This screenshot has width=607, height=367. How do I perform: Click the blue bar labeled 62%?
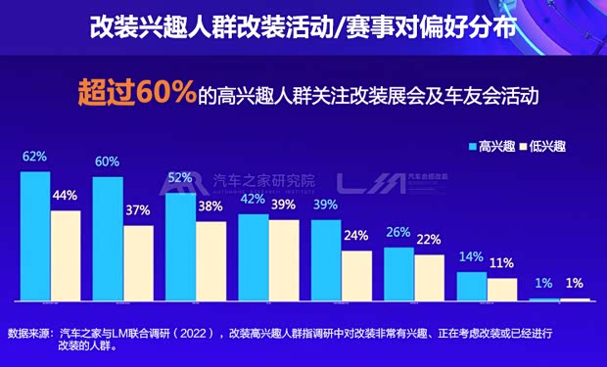(35, 235)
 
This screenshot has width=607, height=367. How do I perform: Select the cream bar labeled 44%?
(66, 254)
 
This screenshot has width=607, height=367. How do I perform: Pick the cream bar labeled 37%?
(138, 262)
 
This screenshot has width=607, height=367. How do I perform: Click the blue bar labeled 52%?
(180, 248)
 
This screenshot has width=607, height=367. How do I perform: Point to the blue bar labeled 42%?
(253, 256)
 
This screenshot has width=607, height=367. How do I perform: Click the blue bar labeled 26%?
(398, 273)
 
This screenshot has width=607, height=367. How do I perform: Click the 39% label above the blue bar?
(327, 204)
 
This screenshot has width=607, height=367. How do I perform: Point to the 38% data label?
(210, 206)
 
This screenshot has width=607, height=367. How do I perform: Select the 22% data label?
(429, 240)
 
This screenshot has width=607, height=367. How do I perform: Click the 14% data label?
(471, 256)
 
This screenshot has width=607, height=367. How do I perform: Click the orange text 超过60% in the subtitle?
(135, 96)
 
